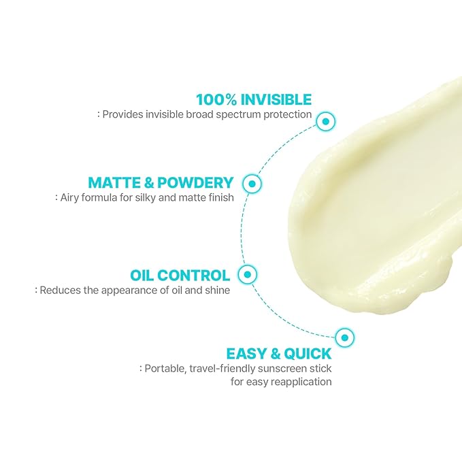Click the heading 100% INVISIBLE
[253, 99]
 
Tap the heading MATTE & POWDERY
[161, 182]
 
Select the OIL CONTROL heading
[180, 276]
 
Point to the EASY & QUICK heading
[279, 354]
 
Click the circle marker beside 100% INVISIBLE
[327, 121]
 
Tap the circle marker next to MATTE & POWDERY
[252, 183]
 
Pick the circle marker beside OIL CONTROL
[248, 274]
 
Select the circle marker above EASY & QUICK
[344, 336]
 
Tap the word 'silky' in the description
[145, 198]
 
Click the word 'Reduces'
[59, 291]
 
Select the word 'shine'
[216, 291]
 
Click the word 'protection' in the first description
[287, 115]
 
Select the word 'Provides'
[122, 115]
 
